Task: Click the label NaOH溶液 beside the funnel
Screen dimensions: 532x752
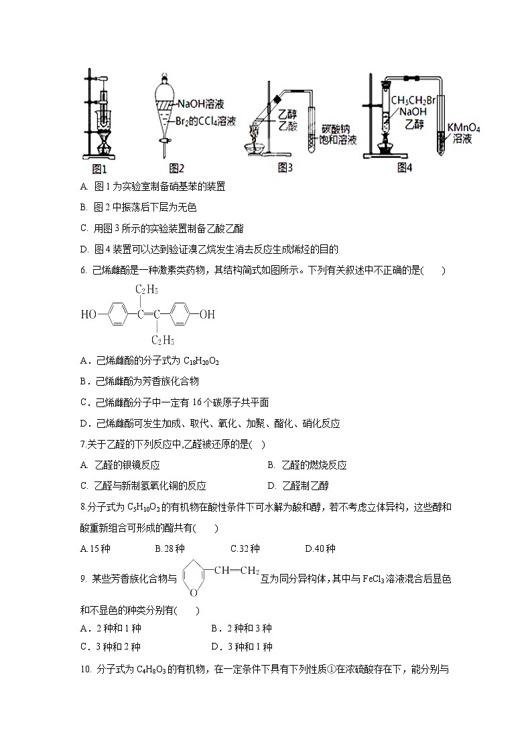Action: point(200,104)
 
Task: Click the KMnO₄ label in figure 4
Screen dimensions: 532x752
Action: point(464,127)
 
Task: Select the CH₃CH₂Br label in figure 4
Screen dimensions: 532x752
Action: point(413,101)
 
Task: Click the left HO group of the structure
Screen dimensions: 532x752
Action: point(88,313)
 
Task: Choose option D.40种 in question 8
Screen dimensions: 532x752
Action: point(320,549)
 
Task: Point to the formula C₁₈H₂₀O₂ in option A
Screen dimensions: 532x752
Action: point(202,361)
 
